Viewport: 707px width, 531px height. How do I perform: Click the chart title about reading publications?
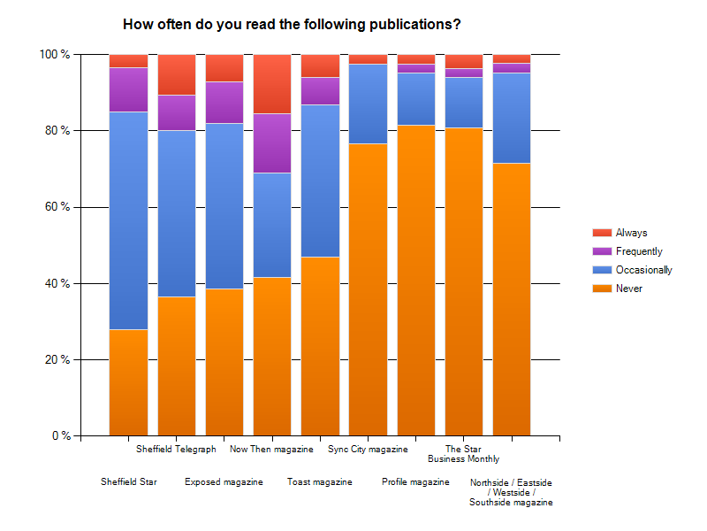[292, 25]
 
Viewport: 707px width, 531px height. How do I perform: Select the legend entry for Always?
[631, 233]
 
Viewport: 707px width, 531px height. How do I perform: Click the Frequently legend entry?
[639, 251]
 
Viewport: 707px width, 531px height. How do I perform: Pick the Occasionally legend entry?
[643, 270]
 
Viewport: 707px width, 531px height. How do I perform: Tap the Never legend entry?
[629, 289]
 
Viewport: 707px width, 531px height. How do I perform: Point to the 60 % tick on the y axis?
[57, 207]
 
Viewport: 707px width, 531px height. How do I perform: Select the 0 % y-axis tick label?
[59, 436]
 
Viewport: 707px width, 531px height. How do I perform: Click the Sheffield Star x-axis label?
[128, 482]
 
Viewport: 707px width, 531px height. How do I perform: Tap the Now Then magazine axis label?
[271, 450]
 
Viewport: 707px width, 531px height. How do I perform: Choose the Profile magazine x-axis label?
[415, 482]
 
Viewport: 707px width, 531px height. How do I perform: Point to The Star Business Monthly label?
[463, 454]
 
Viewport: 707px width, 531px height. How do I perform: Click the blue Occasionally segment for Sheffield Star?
[128, 220]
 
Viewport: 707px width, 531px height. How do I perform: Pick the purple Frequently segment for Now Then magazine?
[272, 143]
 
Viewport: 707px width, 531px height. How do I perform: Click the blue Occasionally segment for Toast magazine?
[320, 181]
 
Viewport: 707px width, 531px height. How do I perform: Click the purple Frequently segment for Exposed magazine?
[224, 103]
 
